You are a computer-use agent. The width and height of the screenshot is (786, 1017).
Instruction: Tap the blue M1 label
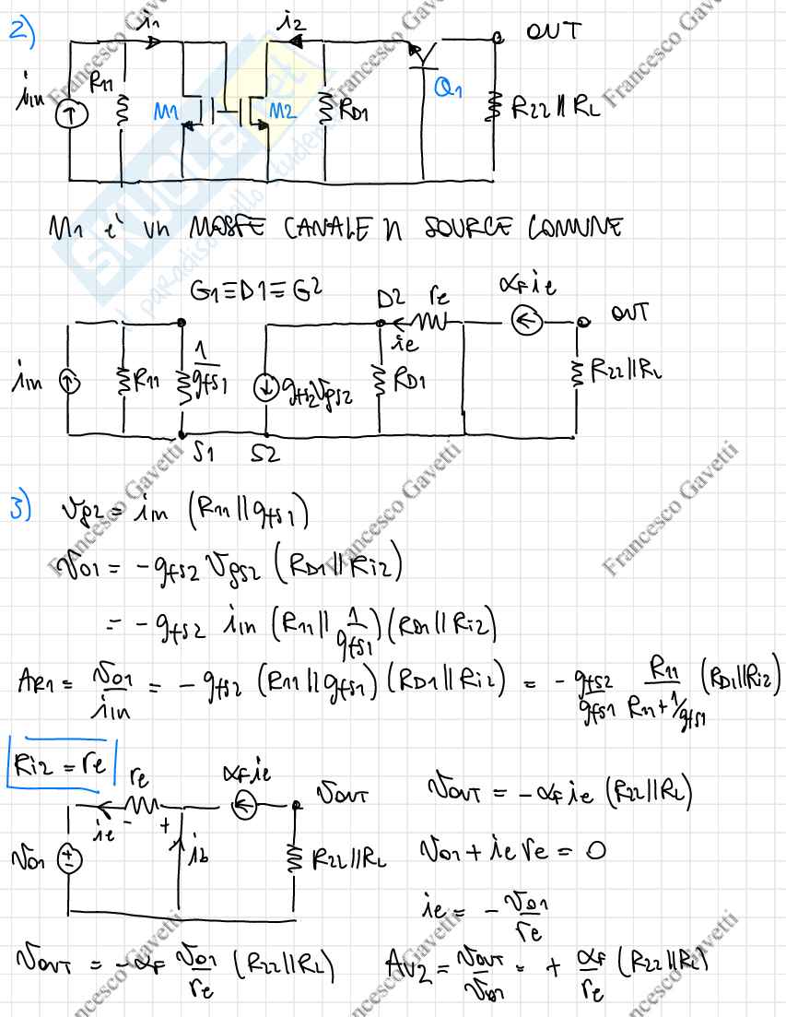click(166, 114)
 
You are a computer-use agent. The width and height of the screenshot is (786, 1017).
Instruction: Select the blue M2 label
click(285, 114)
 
